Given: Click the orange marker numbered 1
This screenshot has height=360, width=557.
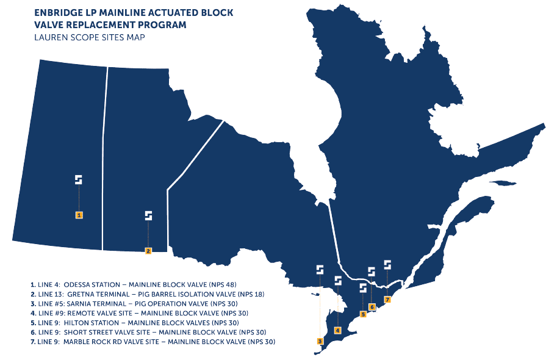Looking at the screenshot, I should pos(79,215).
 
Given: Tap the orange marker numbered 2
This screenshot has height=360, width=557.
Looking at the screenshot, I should pos(148,251).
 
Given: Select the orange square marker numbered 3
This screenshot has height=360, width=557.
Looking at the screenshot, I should pos(320,341).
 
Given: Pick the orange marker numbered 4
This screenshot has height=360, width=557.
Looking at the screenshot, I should pos(337,329).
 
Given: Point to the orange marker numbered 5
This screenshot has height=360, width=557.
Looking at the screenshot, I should pos(363,314).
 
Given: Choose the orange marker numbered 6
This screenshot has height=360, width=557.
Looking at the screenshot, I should pos(372,306).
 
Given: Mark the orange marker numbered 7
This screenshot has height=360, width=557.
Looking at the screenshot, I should pos(387,299).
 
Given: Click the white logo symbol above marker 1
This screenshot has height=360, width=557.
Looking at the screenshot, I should pos(79,179).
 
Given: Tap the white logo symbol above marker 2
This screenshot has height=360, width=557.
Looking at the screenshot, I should pos(148,215).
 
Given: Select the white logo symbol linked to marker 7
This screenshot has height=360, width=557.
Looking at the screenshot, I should pos(387,264).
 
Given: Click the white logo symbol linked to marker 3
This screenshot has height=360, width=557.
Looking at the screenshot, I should pos(320,269).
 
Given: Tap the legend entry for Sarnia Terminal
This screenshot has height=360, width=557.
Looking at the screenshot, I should pos(134,303).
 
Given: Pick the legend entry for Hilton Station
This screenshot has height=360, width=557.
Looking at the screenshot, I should pos(134,322).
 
